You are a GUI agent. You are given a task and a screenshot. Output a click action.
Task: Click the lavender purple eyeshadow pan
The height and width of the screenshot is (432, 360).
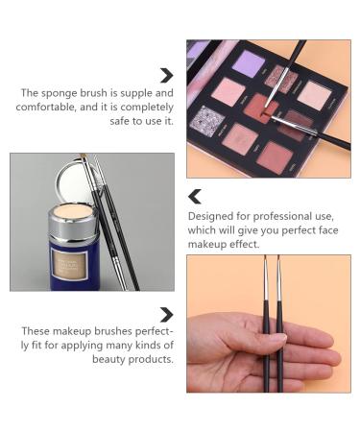click(249, 63)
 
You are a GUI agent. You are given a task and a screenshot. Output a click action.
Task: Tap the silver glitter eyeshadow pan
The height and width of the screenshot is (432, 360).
click(207, 119)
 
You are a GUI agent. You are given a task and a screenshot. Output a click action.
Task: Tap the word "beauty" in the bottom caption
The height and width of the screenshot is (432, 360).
click(108, 359)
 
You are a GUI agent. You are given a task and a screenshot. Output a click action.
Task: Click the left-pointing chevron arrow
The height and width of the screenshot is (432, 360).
click(195, 197)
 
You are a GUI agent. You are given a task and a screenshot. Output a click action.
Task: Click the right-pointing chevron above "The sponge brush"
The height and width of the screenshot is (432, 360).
click(166, 76)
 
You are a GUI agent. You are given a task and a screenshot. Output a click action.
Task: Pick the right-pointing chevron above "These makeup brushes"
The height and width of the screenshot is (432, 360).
click(166, 315)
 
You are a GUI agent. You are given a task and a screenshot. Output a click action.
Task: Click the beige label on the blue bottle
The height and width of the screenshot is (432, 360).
click(69, 265)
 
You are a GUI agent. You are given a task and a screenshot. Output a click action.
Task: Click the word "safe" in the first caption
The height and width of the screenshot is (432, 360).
click(120, 121)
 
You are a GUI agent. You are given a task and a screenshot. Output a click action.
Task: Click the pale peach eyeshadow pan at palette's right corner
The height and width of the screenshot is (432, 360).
click(315, 95)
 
